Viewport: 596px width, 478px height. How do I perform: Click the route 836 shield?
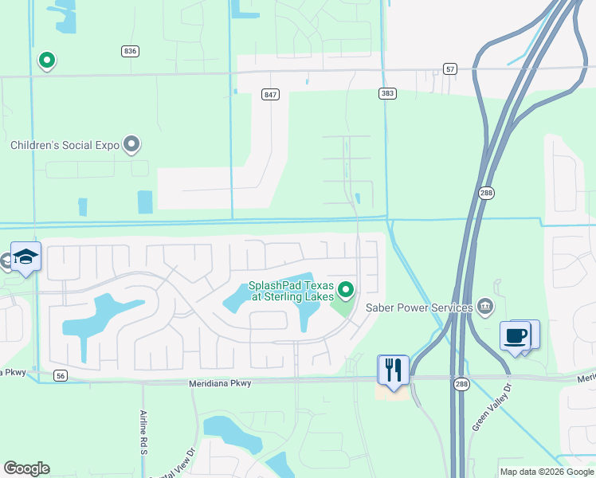131,51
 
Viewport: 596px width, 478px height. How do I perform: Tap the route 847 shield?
270,95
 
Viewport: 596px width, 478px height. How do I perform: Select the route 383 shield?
387,94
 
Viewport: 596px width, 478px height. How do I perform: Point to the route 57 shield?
451,69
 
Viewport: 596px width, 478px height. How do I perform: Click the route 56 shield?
60,375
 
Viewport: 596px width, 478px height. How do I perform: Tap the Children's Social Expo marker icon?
132,144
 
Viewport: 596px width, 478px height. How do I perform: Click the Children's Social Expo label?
65,145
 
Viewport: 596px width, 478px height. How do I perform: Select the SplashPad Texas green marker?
345,288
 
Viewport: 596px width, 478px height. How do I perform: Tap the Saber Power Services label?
419,308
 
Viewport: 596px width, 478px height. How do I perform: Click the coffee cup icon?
515,335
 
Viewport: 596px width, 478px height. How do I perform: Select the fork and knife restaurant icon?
394,369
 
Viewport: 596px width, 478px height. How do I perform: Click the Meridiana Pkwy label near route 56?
220,383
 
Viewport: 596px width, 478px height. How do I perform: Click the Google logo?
26,468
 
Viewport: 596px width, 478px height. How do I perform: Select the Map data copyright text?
547,472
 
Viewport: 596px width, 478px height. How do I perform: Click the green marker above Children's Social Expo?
47,60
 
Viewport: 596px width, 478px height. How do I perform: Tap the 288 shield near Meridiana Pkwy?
461,383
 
